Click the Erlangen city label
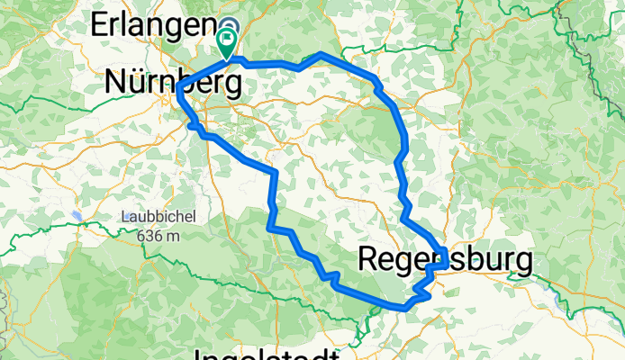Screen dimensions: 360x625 click(x=153, y=25)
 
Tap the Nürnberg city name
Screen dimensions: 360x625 click(x=173, y=84)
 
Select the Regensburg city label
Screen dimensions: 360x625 click(x=445, y=259)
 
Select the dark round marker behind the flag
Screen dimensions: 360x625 click(x=231, y=27)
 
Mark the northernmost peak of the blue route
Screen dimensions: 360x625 click(x=322, y=56)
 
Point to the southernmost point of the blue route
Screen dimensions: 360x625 click(x=405, y=308)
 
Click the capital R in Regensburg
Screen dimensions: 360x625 click(x=369, y=259)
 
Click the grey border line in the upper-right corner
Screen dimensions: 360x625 click(x=565, y=11)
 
